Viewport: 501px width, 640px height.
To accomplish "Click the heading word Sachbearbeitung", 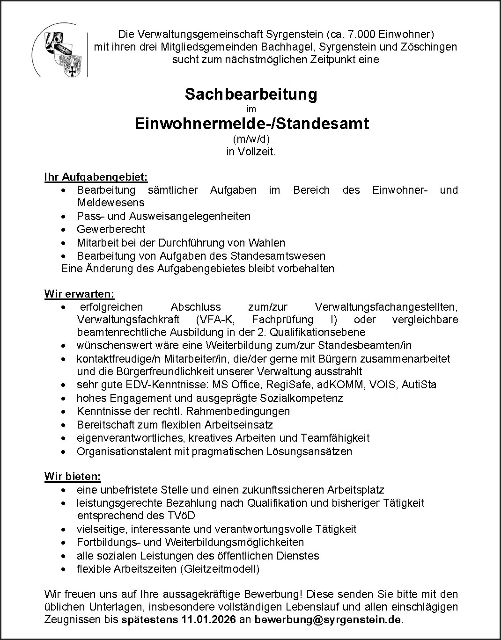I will click(251, 94).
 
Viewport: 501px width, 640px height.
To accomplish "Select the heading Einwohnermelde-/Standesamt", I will click(251, 124).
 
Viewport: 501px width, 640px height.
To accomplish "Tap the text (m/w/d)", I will click(251, 139).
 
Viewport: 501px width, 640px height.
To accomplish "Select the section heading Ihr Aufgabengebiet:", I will click(96, 177).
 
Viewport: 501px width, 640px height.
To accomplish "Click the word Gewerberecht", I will click(111, 229).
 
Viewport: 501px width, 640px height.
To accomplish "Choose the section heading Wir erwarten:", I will click(79, 294).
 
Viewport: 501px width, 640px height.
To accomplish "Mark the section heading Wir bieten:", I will click(73, 477).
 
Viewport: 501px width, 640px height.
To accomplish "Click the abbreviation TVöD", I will click(180, 516).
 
